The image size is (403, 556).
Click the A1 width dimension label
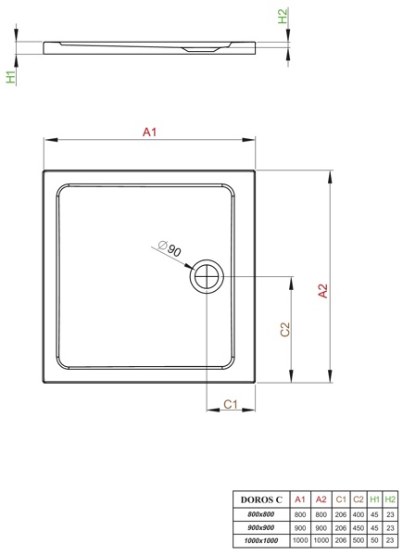[149, 133]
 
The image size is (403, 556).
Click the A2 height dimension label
[323, 291]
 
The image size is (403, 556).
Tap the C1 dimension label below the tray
[231, 404]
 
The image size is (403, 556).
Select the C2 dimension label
[285, 329]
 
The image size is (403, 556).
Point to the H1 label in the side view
[11, 77]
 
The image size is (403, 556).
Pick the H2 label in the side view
[283, 16]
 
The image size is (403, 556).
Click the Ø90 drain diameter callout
[170, 248]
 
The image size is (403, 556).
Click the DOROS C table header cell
[261, 499]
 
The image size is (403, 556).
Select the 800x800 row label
[261, 514]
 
